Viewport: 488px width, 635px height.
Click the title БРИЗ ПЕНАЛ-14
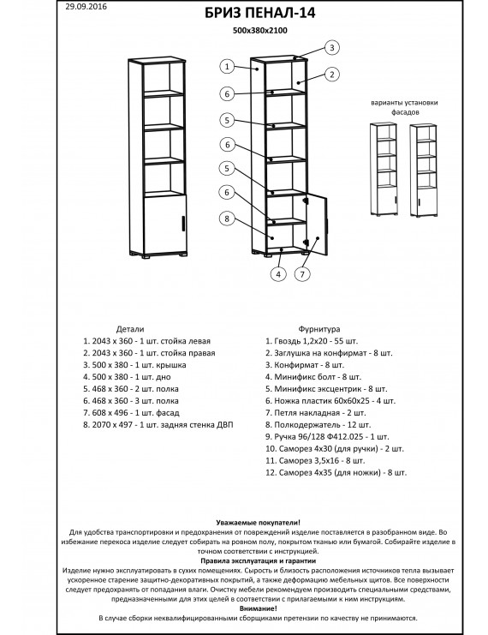coord(259,13)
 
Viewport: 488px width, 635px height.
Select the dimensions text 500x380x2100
coord(260,30)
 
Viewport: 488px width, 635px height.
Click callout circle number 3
coord(332,47)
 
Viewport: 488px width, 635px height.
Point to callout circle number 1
coord(228,67)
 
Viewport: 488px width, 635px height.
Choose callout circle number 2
coord(332,74)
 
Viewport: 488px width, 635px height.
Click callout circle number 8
coord(227,219)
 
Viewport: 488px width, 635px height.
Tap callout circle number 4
coord(278,274)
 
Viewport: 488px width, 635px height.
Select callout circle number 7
coord(302,274)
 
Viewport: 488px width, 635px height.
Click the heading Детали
coord(130,329)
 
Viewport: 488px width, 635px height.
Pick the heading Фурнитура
coord(319,329)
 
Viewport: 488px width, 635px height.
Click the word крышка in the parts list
coord(174,365)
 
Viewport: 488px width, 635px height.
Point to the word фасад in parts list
coord(168,413)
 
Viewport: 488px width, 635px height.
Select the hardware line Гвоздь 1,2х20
coord(312,341)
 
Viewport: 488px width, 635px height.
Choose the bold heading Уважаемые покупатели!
coord(259,523)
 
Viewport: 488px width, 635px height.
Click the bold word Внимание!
coord(259,608)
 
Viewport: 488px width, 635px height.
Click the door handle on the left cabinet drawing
coord(183,223)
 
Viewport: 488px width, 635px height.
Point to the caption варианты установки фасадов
coord(404,107)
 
